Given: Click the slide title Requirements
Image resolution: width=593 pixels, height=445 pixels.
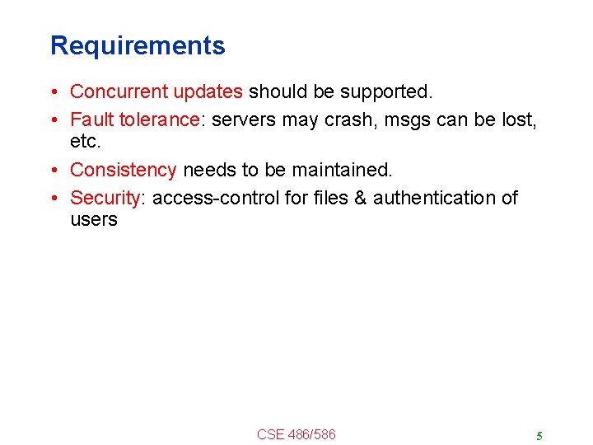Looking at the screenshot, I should click(138, 45).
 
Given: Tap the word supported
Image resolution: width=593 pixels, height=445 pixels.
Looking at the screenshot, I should click(383, 91).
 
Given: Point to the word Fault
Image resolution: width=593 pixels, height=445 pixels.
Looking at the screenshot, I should click(91, 119).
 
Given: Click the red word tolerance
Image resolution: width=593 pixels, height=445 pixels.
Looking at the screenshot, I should click(158, 119).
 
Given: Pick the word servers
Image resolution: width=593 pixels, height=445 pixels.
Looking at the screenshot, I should click(245, 119).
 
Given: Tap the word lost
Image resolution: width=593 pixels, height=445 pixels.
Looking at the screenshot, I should click(522, 119).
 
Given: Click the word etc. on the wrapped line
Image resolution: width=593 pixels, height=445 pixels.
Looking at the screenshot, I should click(86, 141).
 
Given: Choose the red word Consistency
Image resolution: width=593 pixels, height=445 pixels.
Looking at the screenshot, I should click(124, 170).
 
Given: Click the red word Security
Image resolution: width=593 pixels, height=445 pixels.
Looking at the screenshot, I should click(105, 198).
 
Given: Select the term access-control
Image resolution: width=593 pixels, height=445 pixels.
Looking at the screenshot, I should click(218, 198).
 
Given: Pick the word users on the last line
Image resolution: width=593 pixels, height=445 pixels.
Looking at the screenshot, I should click(94, 219).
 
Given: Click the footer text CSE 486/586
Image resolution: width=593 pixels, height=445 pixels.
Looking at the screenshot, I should click(296, 434).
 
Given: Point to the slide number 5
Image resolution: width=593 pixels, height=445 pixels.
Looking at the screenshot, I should click(539, 436).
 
